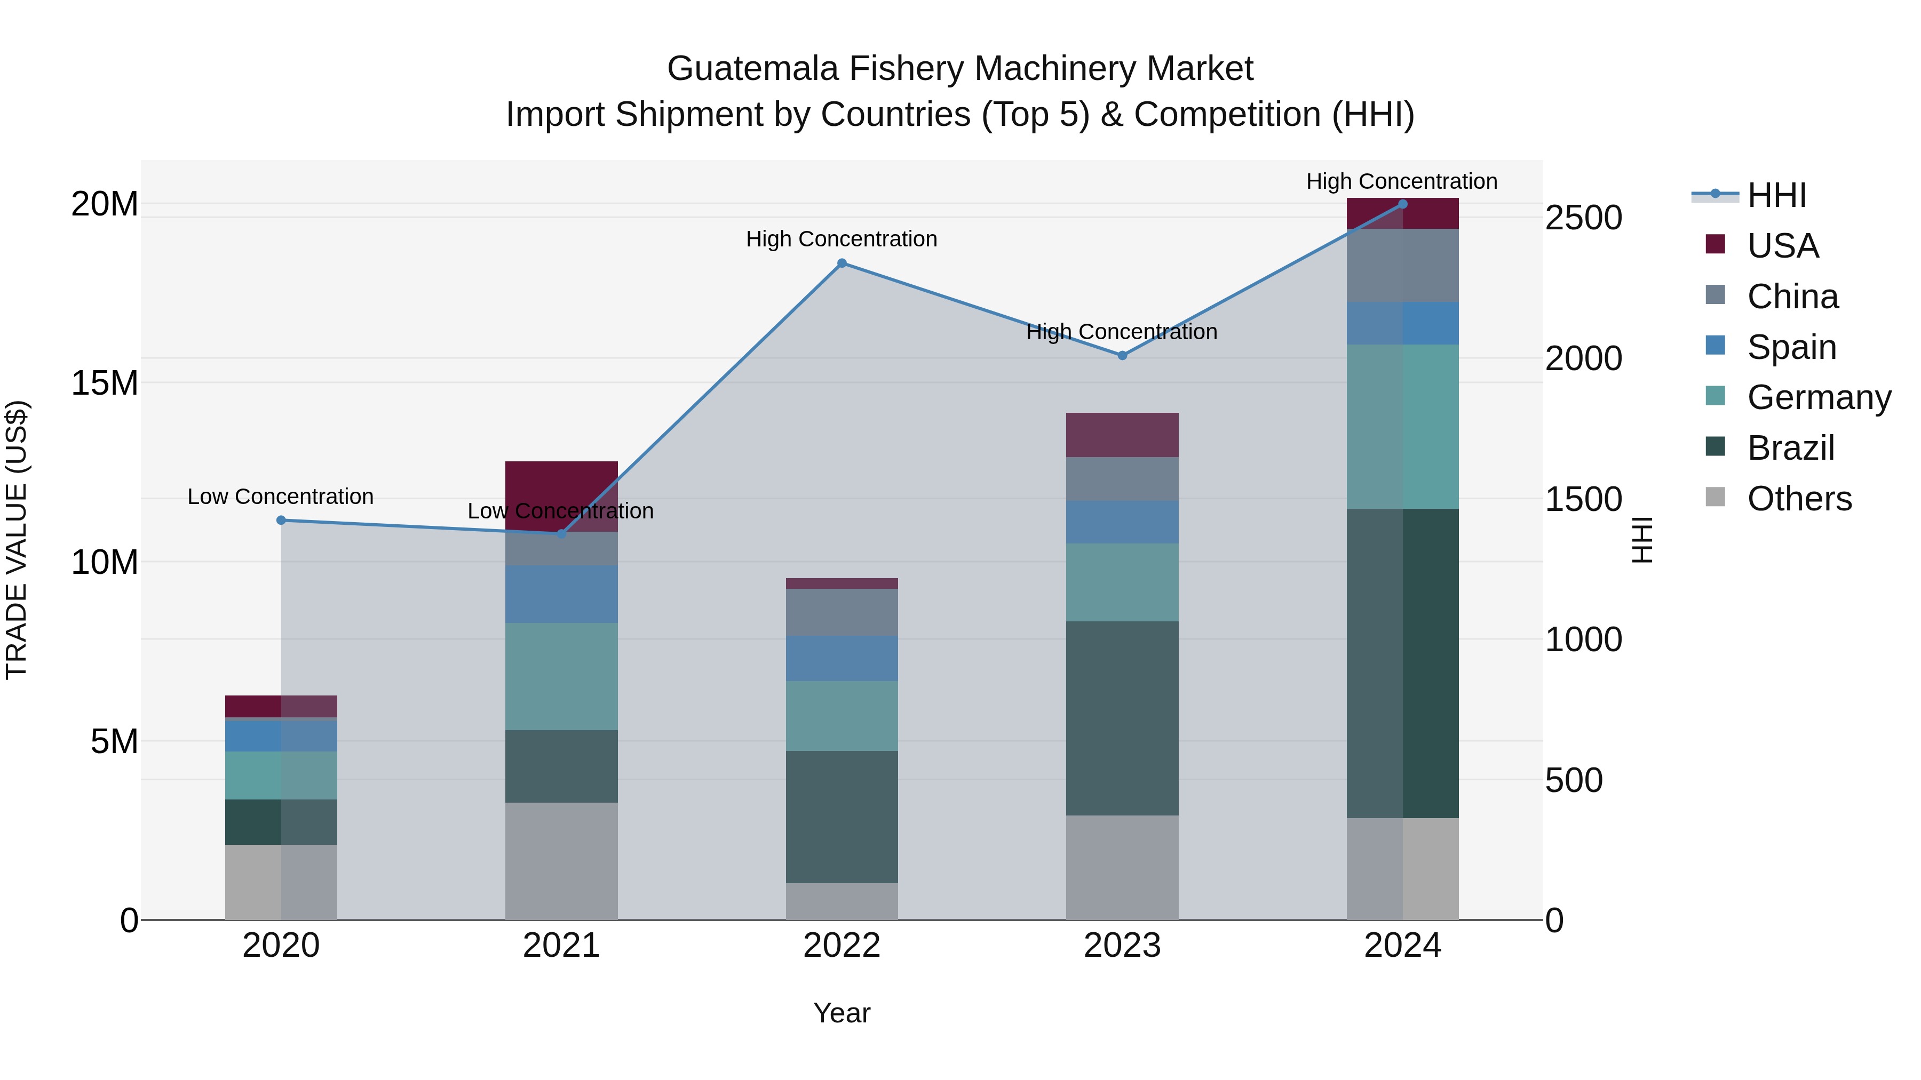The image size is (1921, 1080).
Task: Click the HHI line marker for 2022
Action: tap(842, 263)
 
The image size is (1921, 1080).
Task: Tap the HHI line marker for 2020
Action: tap(281, 520)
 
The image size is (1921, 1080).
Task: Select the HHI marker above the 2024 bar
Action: tap(1403, 204)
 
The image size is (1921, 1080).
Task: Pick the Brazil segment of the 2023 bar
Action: tap(1122, 718)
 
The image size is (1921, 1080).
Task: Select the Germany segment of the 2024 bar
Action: tap(1403, 426)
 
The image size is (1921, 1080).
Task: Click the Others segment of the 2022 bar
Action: tap(842, 901)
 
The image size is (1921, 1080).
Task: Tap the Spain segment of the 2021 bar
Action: tap(561, 594)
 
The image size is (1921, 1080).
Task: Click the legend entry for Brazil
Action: tap(1790, 448)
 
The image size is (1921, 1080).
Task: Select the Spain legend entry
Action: tap(1791, 347)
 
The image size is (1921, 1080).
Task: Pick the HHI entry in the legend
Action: tap(1776, 195)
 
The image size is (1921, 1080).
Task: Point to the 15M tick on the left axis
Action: tap(105, 383)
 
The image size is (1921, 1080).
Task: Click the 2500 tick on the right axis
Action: tap(1583, 218)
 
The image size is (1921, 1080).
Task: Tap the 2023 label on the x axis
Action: tap(1122, 946)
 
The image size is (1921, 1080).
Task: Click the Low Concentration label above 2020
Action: tap(280, 497)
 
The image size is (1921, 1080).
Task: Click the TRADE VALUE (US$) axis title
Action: tap(17, 540)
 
